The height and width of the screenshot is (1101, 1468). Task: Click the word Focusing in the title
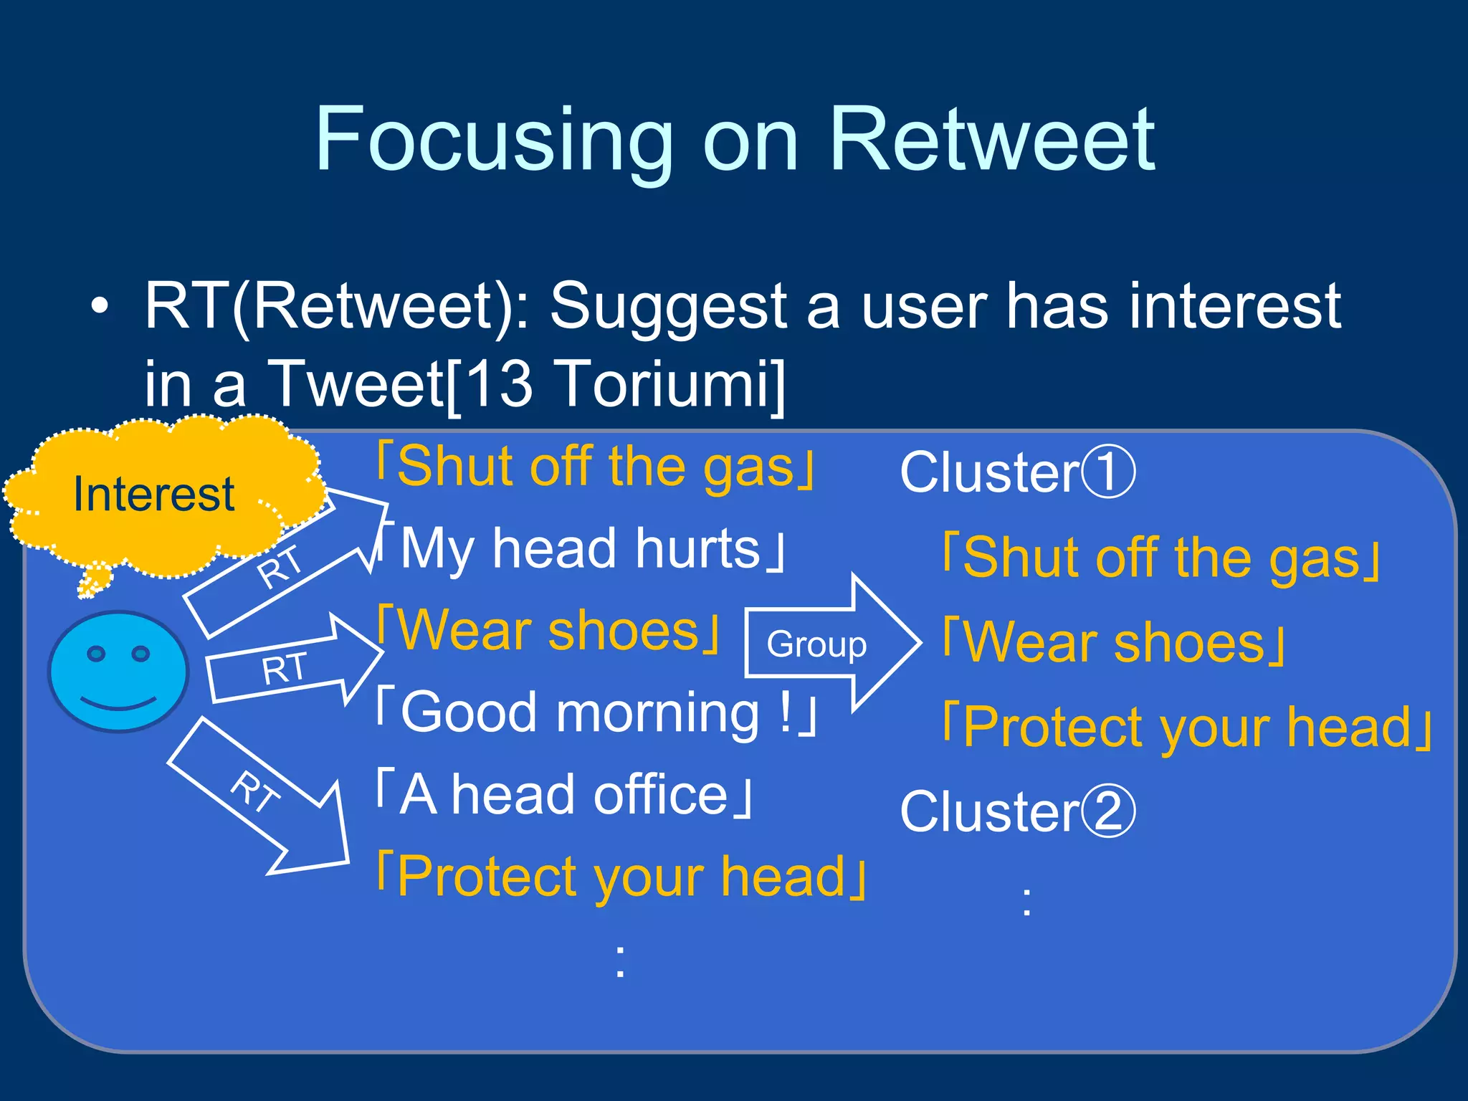click(494, 140)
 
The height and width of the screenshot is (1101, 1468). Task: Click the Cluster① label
click(1017, 472)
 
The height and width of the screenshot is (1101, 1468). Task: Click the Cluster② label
click(1017, 811)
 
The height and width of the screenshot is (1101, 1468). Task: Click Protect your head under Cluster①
click(1186, 727)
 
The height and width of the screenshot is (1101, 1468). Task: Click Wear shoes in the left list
click(548, 631)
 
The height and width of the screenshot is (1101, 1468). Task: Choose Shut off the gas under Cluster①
click(1161, 558)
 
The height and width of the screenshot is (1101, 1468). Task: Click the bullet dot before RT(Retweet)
click(100, 307)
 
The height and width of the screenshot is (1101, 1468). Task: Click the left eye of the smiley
click(96, 653)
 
